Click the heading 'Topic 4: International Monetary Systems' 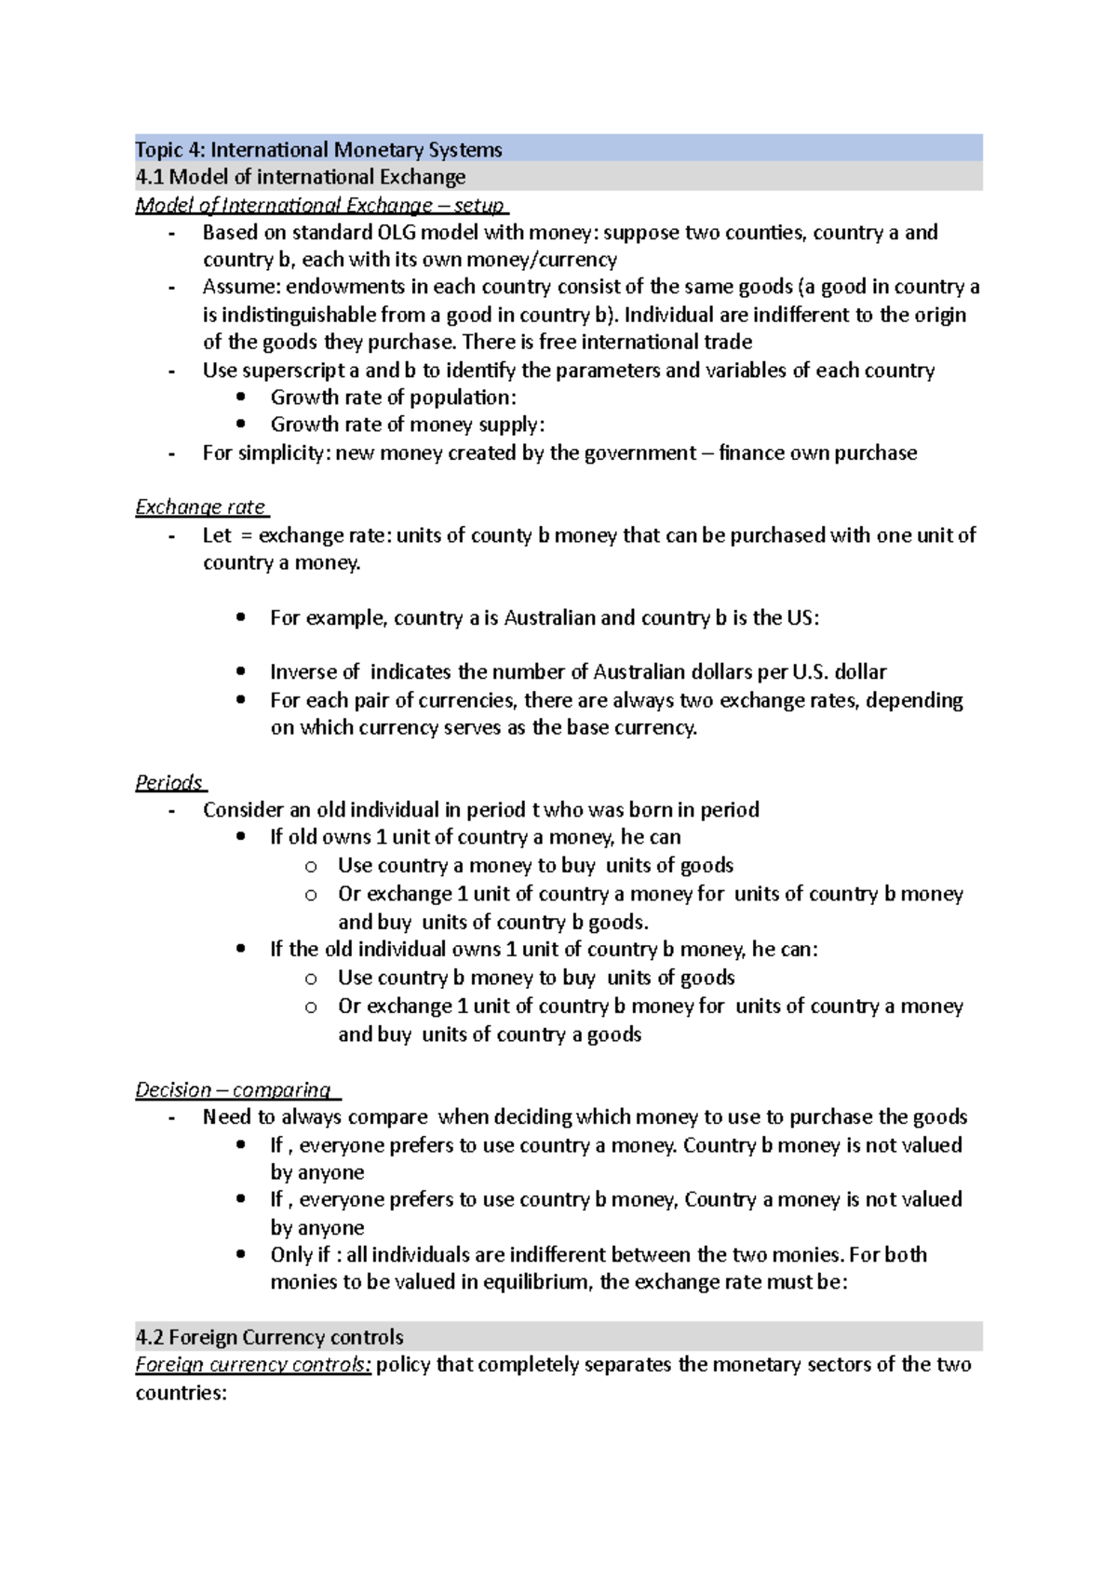pyautogui.click(x=318, y=150)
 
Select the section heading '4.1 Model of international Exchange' pyautogui.click(x=300, y=177)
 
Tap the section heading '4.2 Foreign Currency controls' pyautogui.click(x=269, y=1337)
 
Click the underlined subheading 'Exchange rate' pyautogui.click(x=200, y=507)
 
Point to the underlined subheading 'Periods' pyautogui.click(x=168, y=782)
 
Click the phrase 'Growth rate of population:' pyautogui.click(x=393, y=398)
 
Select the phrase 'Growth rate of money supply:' pyautogui.click(x=407, y=425)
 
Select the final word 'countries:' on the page pyautogui.click(x=181, y=1393)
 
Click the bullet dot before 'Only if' pyautogui.click(x=242, y=1255)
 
